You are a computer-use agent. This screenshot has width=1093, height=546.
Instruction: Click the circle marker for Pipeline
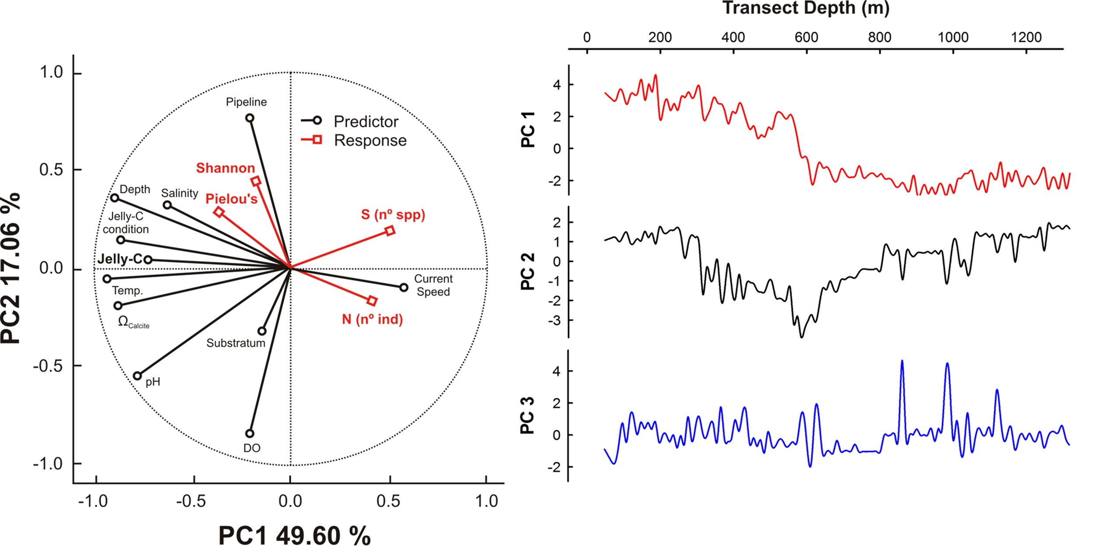(250, 118)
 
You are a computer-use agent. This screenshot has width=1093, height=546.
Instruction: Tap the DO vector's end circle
(250, 434)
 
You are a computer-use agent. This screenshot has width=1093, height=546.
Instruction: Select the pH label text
(153, 382)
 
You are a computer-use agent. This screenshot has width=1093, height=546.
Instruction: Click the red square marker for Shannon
(256, 181)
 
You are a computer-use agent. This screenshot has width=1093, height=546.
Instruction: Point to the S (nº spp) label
(393, 215)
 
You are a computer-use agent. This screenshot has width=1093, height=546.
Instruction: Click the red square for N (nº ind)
(372, 301)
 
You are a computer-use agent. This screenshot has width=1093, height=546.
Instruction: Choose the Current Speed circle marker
(404, 287)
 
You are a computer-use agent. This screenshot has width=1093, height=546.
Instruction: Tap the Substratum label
(236, 343)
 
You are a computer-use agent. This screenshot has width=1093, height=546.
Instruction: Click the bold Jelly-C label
(120, 259)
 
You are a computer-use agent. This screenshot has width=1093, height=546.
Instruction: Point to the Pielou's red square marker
(219, 212)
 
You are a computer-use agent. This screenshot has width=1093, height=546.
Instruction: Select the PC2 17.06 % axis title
(10, 268)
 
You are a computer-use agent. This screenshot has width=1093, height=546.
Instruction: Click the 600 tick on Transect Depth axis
(806, 38)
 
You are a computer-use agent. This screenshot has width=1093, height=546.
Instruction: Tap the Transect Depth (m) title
(806, 8)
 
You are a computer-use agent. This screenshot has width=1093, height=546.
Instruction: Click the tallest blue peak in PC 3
(902, 361)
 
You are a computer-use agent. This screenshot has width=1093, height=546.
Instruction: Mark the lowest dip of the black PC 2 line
(801, 337)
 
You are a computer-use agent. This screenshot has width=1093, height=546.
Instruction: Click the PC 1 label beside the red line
(528, 129)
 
